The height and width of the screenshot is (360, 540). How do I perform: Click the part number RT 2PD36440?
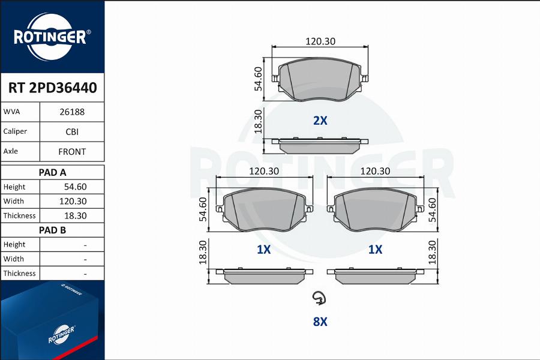pos(52,88)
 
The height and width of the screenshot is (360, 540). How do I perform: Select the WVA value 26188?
pos(72,112)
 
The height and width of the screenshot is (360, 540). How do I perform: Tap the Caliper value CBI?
pos(72,132)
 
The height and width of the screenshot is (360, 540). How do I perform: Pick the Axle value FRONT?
pos(72,152)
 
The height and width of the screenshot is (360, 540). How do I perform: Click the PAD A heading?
pos(52,173)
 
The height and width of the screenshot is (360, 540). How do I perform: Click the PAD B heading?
pos(52,230)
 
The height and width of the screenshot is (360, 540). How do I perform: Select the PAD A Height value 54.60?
pos(76,187)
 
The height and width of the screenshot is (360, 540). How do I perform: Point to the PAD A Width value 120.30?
pos(73,202)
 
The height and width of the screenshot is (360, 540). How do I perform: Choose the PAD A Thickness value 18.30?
pos(76,216)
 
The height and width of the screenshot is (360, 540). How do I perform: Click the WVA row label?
pos(12,112)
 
